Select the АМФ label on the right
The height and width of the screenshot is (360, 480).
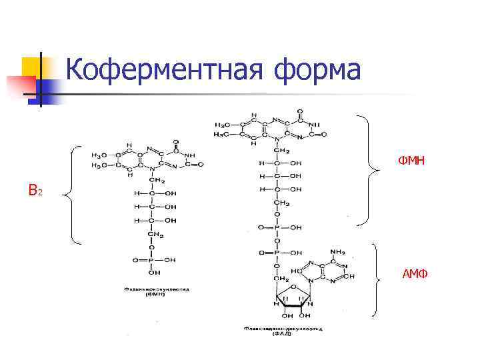click(x=415, y=274)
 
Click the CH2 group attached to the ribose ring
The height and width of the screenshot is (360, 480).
click(x=280, y=278)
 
